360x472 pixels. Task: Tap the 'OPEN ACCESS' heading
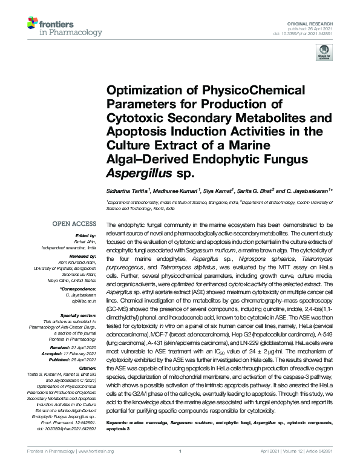76,224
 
